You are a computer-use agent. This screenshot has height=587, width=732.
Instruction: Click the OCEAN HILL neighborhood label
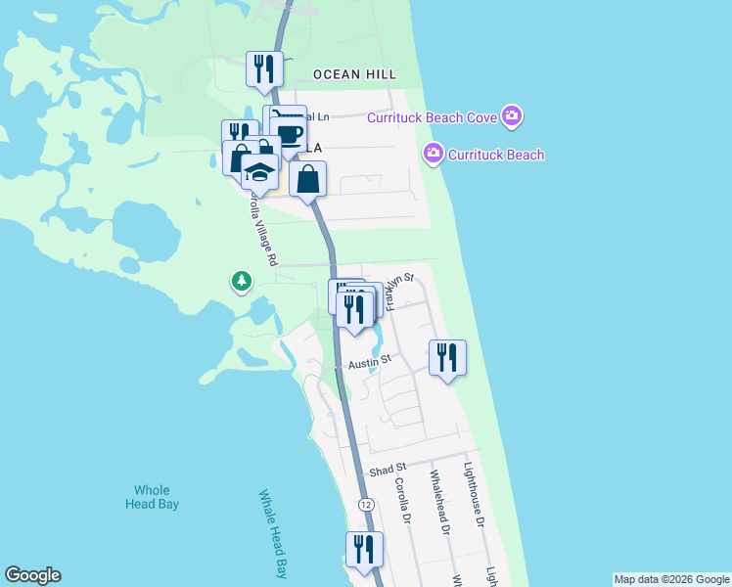tap(355, 74)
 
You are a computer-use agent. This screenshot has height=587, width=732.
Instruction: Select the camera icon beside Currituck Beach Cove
tap(512, 117)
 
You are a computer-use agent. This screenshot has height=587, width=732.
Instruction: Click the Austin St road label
tap(369, 360)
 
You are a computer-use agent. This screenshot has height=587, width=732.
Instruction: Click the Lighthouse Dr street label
tap(475, 495)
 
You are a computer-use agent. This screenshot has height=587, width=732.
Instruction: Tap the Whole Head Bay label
tap(148, 497)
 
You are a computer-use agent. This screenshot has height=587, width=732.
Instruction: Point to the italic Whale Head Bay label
tap(273, 533)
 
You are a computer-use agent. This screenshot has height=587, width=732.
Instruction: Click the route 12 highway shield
tap(365, 504)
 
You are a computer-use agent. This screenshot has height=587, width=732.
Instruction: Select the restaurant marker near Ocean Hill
tap(264, 68)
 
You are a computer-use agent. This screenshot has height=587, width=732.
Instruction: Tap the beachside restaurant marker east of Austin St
tap(447, 358)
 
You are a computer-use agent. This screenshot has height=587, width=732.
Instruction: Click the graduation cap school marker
tap(259, 172)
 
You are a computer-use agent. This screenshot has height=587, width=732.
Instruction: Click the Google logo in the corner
tap(32, 575)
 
